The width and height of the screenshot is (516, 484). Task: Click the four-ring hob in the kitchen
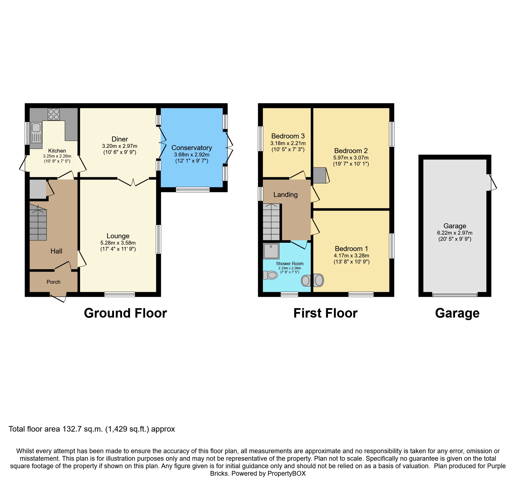coord(54,114)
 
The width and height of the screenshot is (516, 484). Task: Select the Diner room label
coord(120,139)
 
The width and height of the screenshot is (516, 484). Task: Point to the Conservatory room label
coord(192,148)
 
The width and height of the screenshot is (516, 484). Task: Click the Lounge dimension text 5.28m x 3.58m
coord(118,243)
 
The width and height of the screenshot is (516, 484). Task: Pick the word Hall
coord(56,251)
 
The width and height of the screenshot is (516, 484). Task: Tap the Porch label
coord(54,282)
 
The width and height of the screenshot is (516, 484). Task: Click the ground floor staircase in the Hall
coord(38,222)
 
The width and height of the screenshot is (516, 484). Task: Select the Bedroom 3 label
coord(288,136)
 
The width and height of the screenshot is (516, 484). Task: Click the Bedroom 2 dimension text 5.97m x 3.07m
coord(351,158)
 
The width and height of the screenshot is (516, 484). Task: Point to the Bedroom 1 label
coord(351,249)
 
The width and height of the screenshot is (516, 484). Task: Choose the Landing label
coord(285,195)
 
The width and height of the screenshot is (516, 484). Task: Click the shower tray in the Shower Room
coord(271,251)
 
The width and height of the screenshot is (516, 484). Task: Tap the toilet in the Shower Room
coord(270,275)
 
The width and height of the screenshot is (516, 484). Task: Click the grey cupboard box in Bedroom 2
coord(320,175)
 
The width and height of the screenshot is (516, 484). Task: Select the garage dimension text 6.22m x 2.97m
coord(455,233)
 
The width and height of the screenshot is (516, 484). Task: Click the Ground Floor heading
coord(125,313)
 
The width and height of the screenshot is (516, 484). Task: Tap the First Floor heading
coord(325,313)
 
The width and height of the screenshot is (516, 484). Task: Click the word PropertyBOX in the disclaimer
coord(287,473)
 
